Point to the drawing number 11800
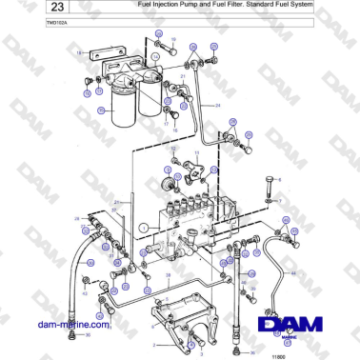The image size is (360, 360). click(278, 354)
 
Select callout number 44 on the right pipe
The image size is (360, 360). click(293, 272)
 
